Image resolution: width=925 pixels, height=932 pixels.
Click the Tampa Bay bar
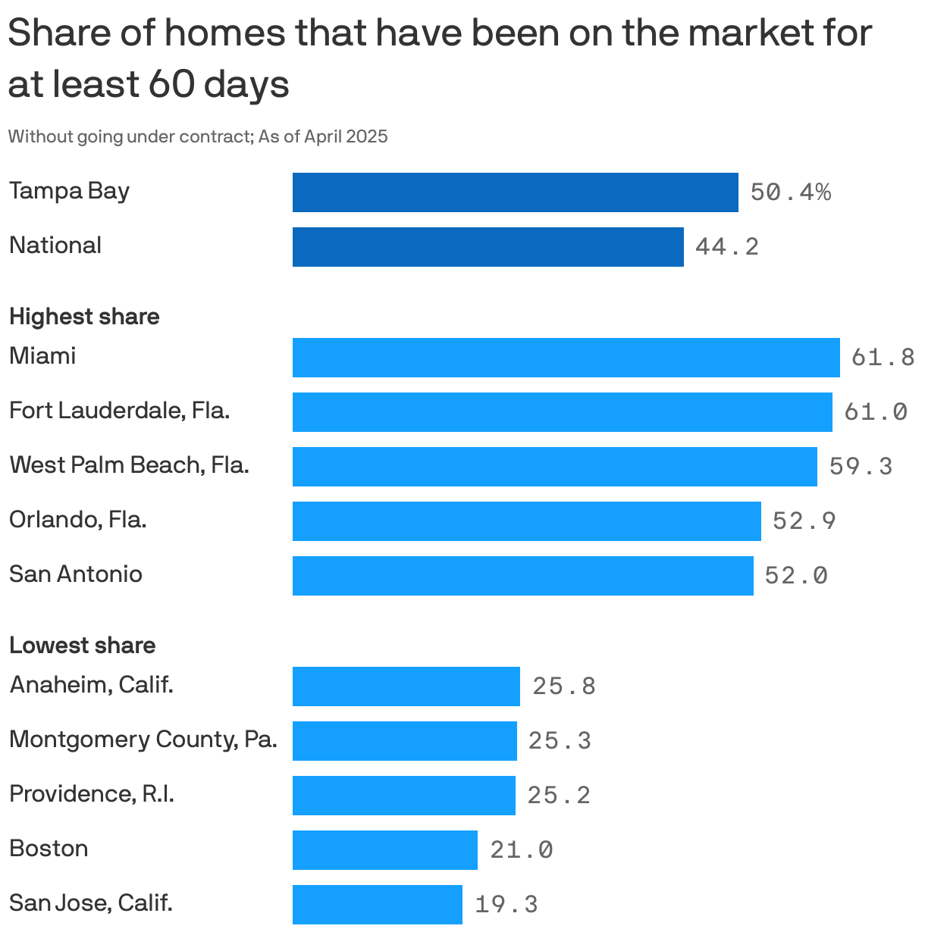point(515,192)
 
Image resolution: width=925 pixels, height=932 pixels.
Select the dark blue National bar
point(488,247)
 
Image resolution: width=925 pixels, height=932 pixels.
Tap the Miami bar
point(566,358)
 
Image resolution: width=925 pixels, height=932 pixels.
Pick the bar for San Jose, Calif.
point(377,905)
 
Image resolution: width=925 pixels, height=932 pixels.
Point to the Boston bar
point(384,850)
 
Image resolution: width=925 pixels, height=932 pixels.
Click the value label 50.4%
point(790,192)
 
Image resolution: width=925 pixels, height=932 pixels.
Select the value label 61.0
point(875,412)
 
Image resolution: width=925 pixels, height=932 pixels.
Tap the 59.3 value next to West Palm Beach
point(861,467)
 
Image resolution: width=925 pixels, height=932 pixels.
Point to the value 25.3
point(560,741)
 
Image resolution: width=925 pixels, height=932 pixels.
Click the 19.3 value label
point(506,905)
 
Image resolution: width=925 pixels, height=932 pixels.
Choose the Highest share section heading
point(84,317)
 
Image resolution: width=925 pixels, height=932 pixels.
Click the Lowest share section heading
point(82,646)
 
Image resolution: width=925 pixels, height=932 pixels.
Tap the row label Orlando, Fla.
point(77,520)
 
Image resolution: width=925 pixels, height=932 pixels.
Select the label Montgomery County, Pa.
point(143,739)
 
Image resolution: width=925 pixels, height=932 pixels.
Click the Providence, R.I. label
point(91,794)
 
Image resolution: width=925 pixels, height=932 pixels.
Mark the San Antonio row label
point(75,574)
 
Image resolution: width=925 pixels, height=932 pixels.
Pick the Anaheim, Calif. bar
point(406,686)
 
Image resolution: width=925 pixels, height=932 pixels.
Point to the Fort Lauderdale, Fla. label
point(119,411)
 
